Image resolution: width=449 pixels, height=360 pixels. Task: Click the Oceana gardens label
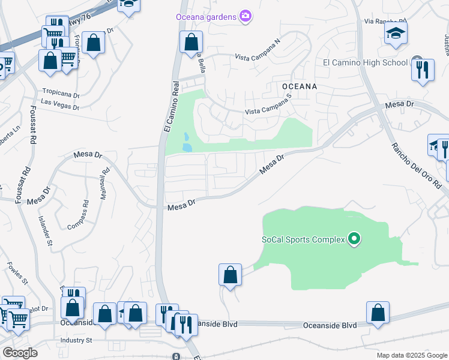coord(206,17)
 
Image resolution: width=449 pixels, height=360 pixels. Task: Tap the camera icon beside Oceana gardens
coord(245,16)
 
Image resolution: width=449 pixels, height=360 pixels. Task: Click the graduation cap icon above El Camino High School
coord(396,33)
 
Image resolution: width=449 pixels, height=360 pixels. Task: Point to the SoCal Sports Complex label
coord(303,240)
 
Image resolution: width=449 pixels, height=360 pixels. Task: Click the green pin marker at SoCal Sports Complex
coord(354,240)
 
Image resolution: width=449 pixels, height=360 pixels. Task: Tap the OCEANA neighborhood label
coord(299,86)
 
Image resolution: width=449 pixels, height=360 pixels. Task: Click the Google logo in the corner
coord(20,353)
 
